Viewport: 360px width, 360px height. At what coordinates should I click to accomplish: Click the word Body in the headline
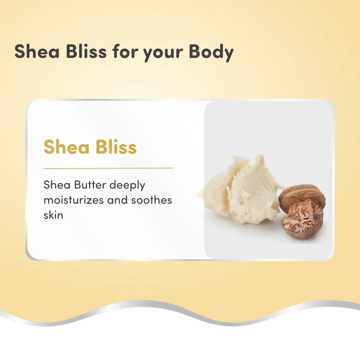(211, 52)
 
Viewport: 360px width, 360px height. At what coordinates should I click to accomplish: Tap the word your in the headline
(163, 54)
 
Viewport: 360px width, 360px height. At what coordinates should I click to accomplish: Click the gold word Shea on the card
(66, 147)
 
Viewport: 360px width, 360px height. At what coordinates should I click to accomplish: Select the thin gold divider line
(108, 168)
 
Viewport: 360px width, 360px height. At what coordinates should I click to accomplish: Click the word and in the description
(117, 200)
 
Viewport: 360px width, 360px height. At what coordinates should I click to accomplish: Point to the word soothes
(152, 200)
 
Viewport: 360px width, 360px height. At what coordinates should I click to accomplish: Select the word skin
(53, 215)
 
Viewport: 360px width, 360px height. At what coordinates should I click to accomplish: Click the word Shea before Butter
(57, 185)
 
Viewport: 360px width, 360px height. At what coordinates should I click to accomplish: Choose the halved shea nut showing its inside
(303, 220)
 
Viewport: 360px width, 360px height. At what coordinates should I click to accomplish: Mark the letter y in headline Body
(227, 55)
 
